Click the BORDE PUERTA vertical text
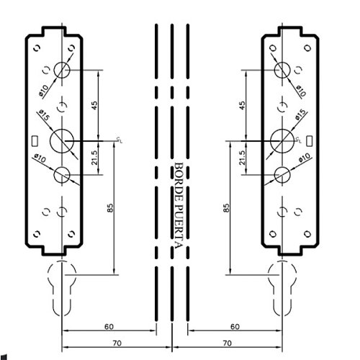point(179,206)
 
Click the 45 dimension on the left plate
point(94,106)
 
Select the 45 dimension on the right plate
point(243,106)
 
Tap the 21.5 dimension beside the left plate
point(94,158)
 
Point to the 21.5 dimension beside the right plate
point(242,158)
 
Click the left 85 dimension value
point(110,208)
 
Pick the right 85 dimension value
point(226,208)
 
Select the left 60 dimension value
point(109,327)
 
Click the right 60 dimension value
point(235,327)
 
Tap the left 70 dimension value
point(117,343)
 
